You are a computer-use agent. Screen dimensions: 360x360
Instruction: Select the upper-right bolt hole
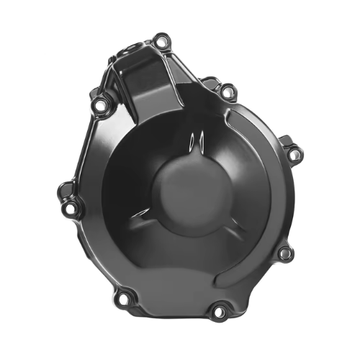(228, 92)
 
